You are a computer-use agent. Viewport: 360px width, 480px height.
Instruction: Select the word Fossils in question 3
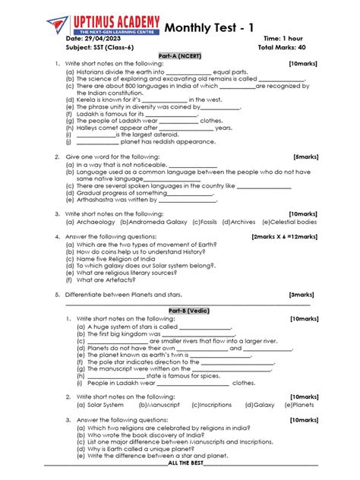point(204,223)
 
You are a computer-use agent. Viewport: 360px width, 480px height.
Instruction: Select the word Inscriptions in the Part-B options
point(211,405)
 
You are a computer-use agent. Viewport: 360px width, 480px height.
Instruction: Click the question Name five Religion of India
point(118,258)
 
